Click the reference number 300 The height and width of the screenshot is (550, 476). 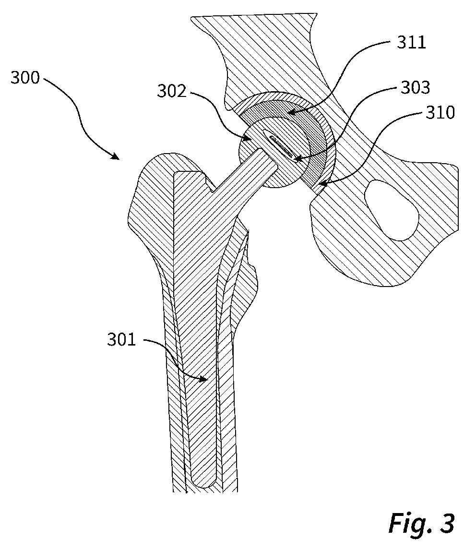[25, 77]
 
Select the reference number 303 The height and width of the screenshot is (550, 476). [416, 88]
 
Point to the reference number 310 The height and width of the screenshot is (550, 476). [439, 113]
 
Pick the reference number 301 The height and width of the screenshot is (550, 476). [122, 341]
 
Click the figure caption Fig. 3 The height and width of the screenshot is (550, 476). [421, 523]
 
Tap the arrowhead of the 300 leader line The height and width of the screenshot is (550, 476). [117, 156]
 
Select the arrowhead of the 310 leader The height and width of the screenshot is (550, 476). [320, 185]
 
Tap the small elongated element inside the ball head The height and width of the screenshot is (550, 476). [282, 146]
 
